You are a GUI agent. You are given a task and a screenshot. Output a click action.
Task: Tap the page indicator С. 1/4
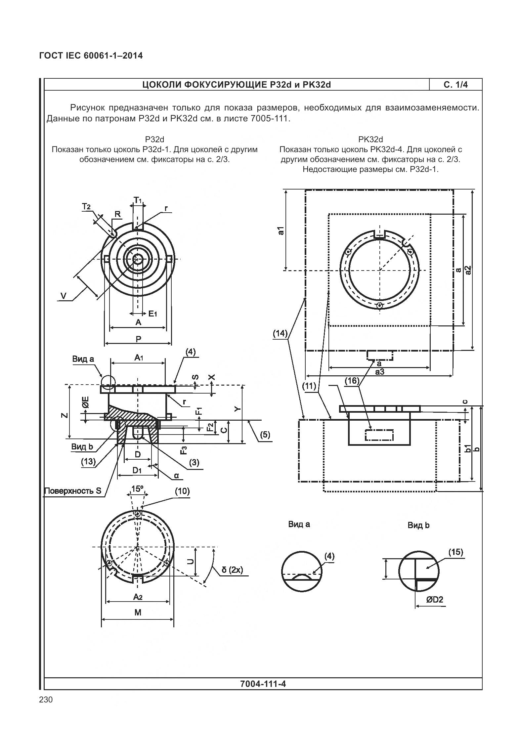pyautogui.click(x=456, y=85)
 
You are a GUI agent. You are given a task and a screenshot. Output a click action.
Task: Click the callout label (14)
pyautogui.click(x=280, y=333)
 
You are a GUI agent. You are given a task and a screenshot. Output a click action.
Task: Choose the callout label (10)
pyautogui.click(x=182, y=491)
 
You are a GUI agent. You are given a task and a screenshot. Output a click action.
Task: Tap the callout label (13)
pyautogui.click(x=88, y=462)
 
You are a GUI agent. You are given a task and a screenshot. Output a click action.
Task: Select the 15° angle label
pyautogui.click(x=137, y=489)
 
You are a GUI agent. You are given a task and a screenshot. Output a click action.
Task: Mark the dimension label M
pyautogui.click(x=138, y=612)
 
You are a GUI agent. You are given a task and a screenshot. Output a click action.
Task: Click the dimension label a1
pyautogui.click(x=281, y=231)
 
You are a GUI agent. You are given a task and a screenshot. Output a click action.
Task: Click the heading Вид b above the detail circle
pyautogui.click(x=418, y=525)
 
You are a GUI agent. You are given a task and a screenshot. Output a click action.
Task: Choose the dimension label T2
pyautogui.click(x=86, y=207)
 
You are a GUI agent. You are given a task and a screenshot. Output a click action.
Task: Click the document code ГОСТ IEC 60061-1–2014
pyautogui.click(x=91, y=56)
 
